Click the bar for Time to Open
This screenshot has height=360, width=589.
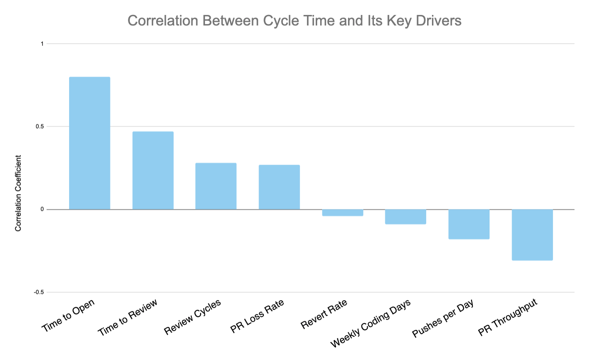pyautogui.click(x=90, y=143)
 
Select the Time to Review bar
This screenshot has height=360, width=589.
pyautogui.click(x=153, y=170)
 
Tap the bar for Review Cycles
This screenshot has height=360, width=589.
pyautogui.click(x=216, y=186)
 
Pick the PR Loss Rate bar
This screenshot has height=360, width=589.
pyautogui.click(x=279, y=187)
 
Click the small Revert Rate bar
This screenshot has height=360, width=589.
pyautogui.click(x=343, y=213)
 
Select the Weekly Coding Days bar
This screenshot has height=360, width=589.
pyautogui.click(x=406, y=217)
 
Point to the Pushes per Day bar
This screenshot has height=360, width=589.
pyautogui.click(x=469, y=224)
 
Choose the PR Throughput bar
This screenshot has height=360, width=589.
pyautogui.click(x=532, y=235)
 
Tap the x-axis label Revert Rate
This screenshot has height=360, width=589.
pyautogui.click(x=324, y=314)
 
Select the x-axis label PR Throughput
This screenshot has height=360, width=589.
pyautogui.click(x=508, y=319)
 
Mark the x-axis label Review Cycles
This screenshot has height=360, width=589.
pyautogui.click(x=192, y=317)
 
